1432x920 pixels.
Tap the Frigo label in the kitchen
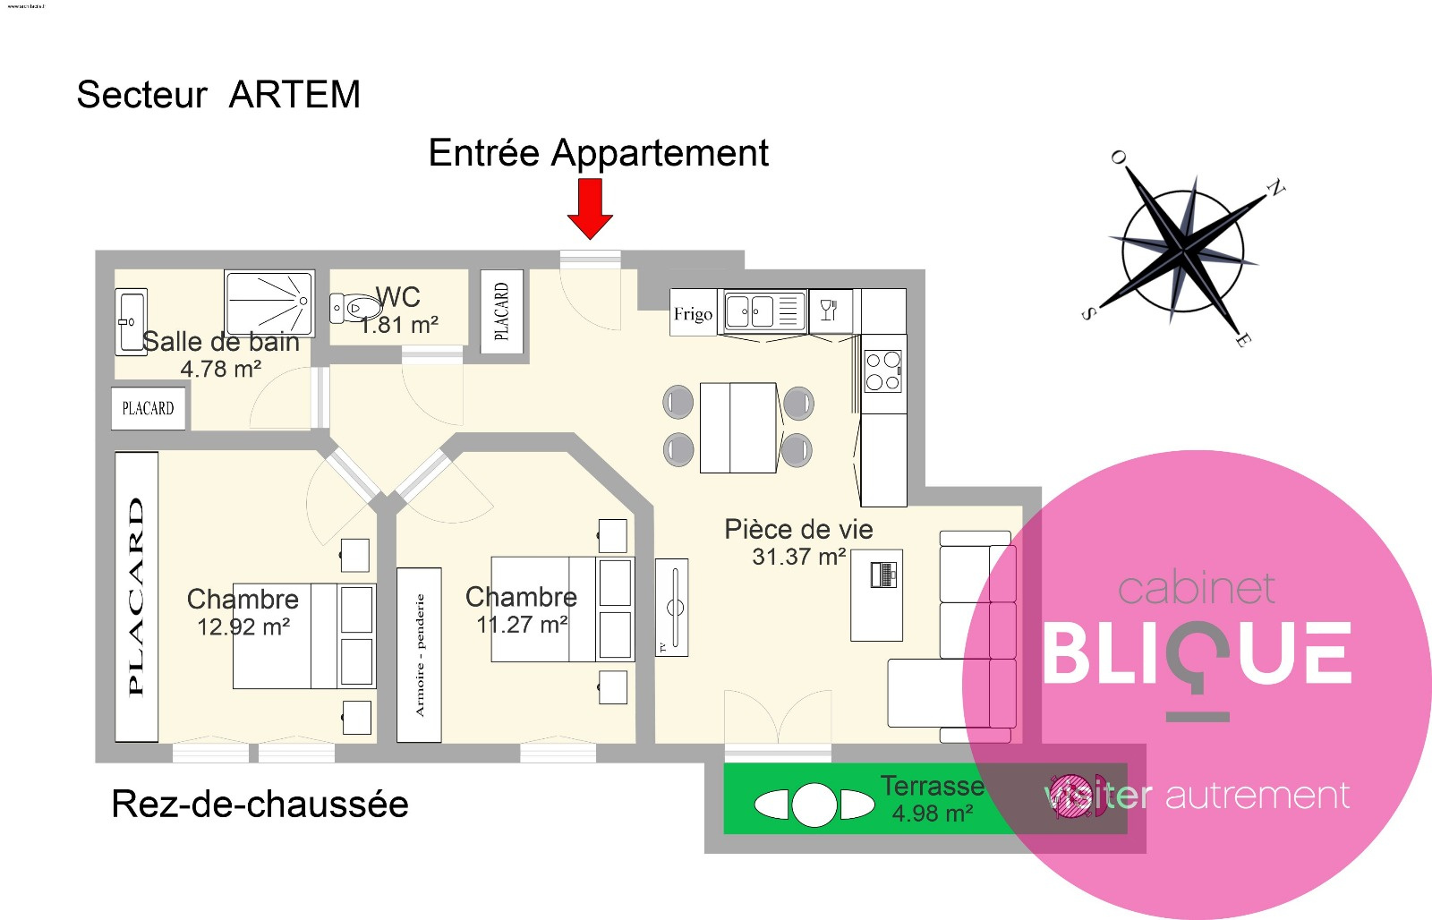point(694,314)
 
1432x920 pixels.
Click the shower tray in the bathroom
point(269,302)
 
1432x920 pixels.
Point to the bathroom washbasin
point(131,321)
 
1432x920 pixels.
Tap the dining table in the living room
point(738,428)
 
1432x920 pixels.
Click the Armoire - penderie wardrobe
point(419,655)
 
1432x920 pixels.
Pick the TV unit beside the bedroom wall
point(672,608)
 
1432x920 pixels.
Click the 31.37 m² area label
point(798,557)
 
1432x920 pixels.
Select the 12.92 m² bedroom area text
point(243,626)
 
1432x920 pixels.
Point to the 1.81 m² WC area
point(399,325)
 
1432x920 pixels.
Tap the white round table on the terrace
point(814,805)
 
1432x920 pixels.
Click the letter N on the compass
point(1274,189)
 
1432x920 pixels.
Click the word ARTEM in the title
point(294,95)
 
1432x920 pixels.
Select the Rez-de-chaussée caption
point(260,804)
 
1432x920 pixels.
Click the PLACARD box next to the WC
point(501,311)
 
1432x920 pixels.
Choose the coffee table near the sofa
point(876,595)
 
